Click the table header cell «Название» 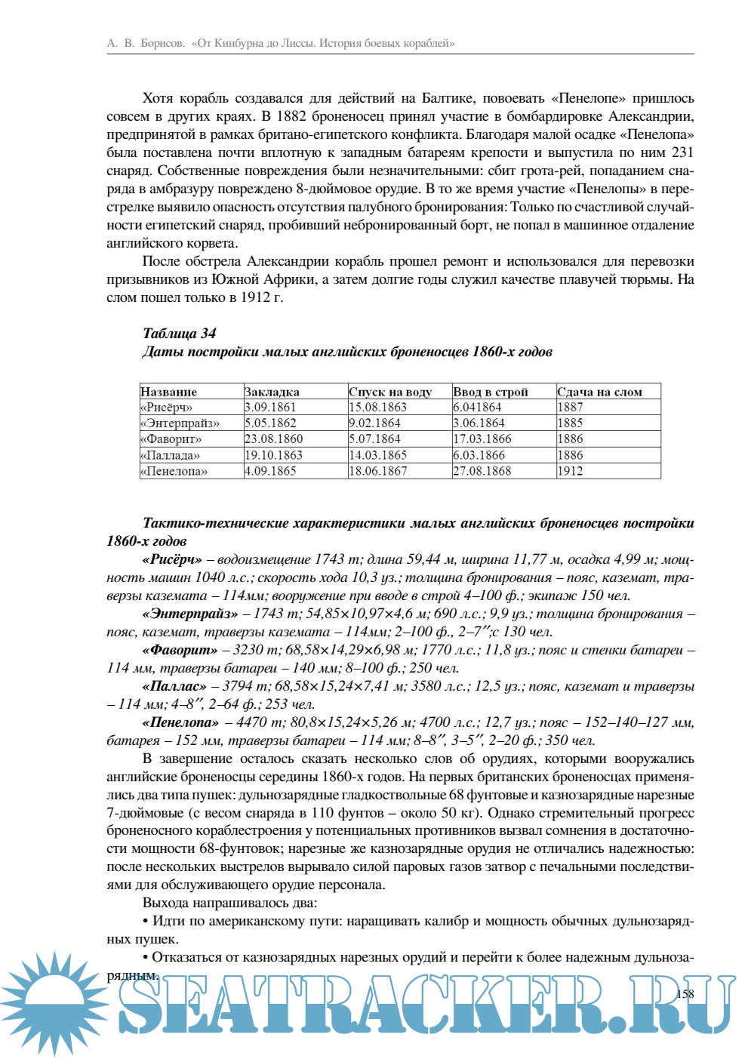[x=169, y=392]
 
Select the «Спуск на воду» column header [x=390, y=392]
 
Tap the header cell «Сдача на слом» [x=600, y=392]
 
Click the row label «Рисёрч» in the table [x=167, y=408]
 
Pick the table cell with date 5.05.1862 [x=270, y=423]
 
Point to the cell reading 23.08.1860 [x=274, y=439]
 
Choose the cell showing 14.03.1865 [x=378, y=455]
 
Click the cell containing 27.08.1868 [x=482, y=471]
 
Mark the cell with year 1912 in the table [x=571, y=471]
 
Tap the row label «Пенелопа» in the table [x=174, y=471]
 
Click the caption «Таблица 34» [x=180, y=334]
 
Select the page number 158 [x=685, y=994]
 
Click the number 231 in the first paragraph [x=682, y=152]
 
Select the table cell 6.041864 [x=478, y=408]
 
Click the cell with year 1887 [x=571, y=408]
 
